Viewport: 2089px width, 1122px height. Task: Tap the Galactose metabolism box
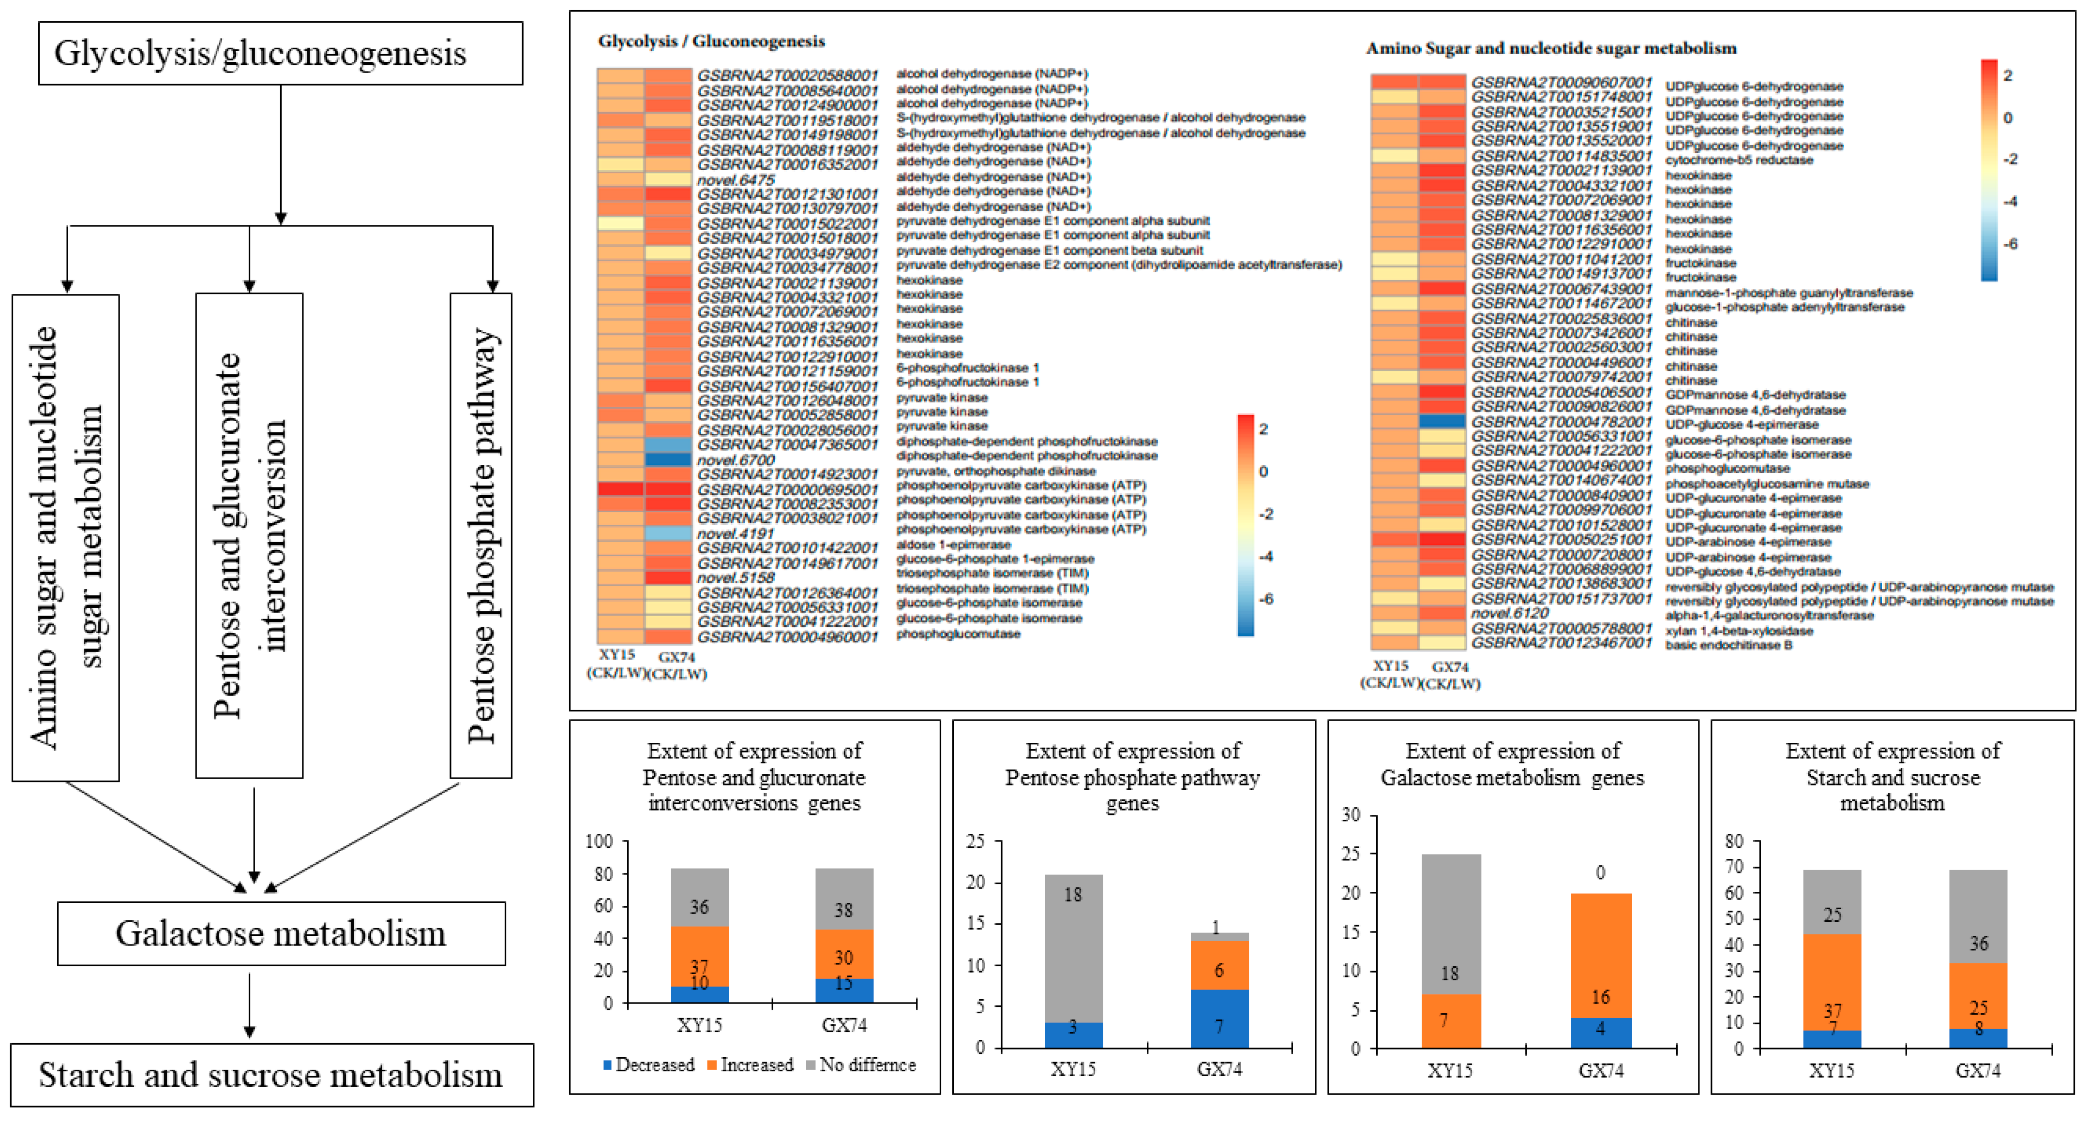point(281,933)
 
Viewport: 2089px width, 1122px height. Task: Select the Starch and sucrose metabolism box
point(271,1075)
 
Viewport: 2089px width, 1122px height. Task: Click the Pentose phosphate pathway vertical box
point(481,535)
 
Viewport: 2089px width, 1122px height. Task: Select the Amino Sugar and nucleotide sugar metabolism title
point(1550,49)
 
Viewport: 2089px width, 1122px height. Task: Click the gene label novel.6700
point(736,459)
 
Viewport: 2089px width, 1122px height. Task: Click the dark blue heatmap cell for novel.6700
point(668,459)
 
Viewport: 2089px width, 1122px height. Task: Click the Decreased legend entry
point(649,1064)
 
